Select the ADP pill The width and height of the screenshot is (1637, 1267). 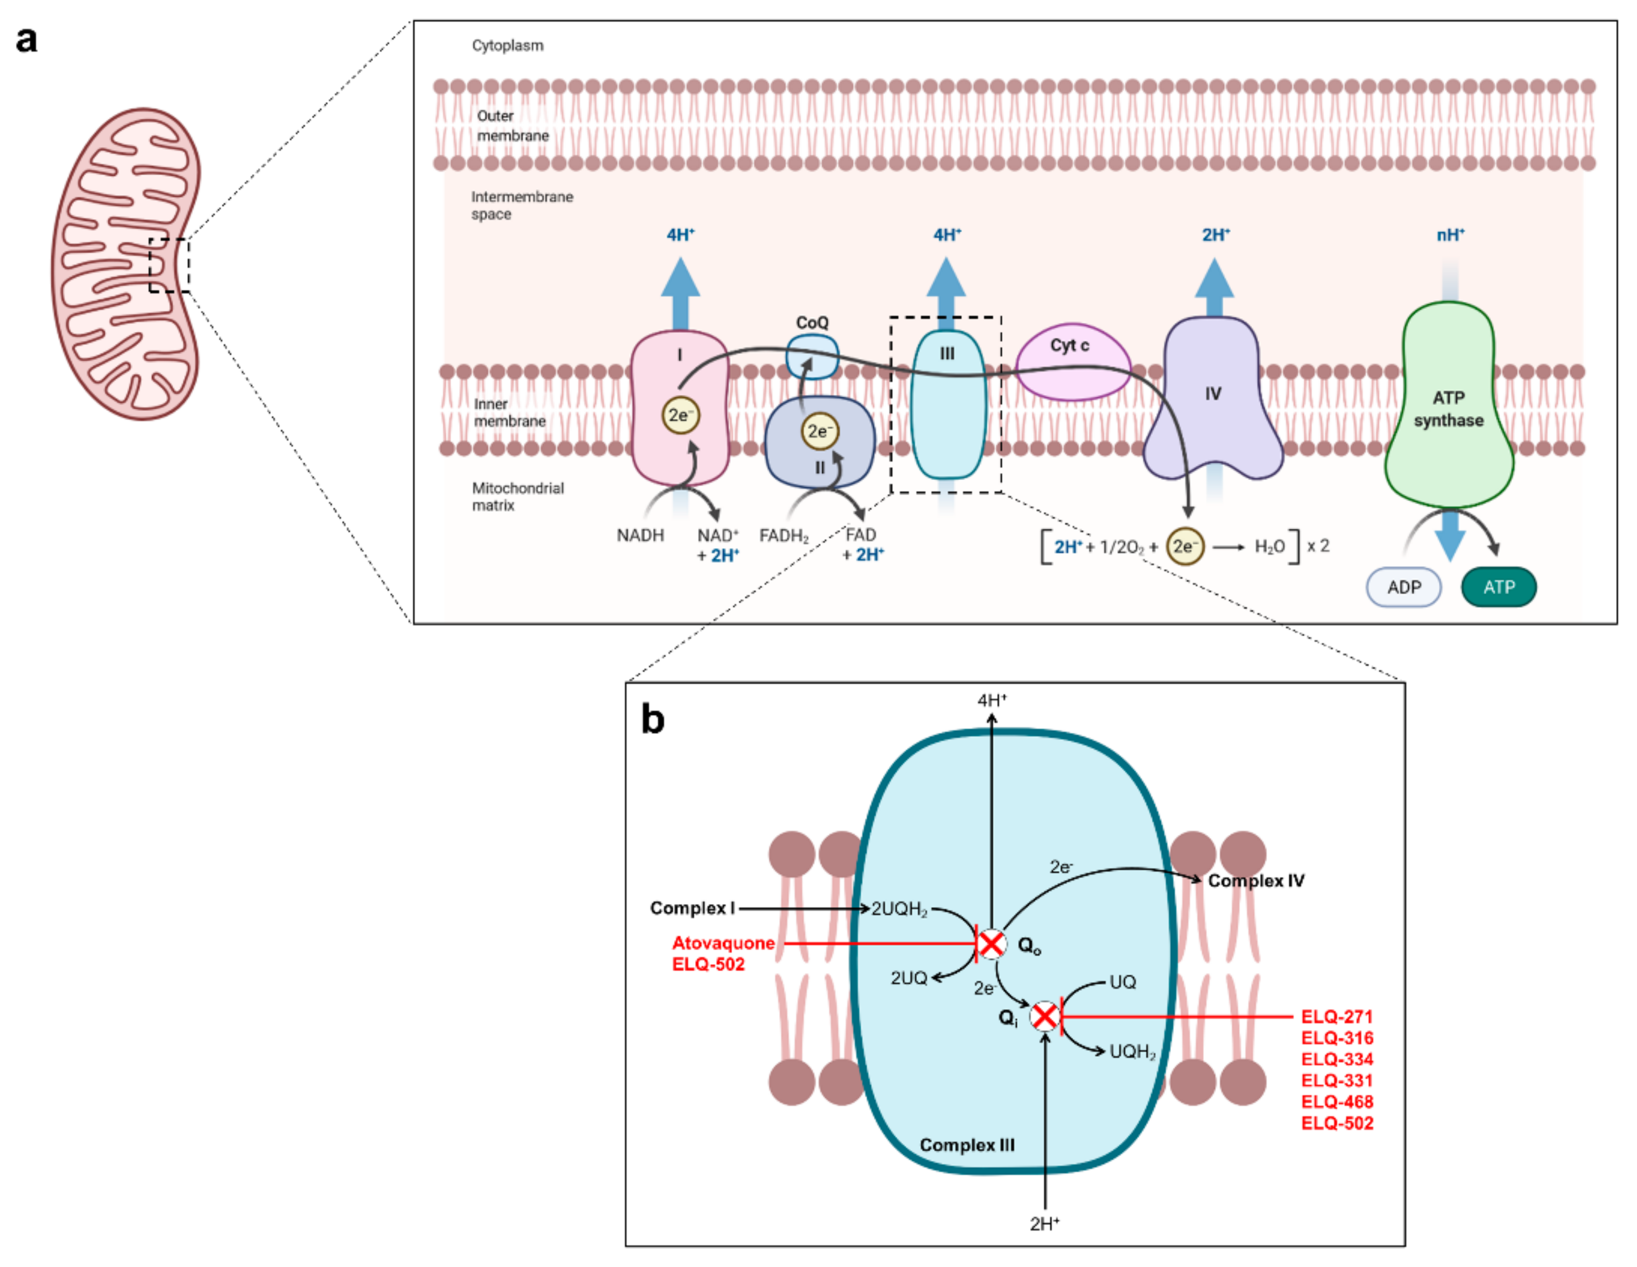pos(1403,587)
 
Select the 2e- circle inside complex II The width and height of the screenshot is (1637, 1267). pos(819,431)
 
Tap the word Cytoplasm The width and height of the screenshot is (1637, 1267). pos(507,46)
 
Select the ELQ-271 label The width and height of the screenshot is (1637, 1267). pos(1336,1016)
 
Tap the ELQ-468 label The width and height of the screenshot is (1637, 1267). pos(1336,1101)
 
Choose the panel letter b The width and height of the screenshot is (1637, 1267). pos(652,719)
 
